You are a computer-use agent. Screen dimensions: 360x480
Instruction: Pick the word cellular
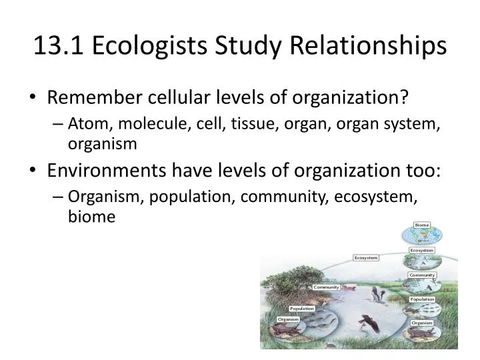tap(170, 97)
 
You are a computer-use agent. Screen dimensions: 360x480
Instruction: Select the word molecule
tap(140, 125)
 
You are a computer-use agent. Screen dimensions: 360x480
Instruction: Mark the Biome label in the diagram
tap(422, 225)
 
